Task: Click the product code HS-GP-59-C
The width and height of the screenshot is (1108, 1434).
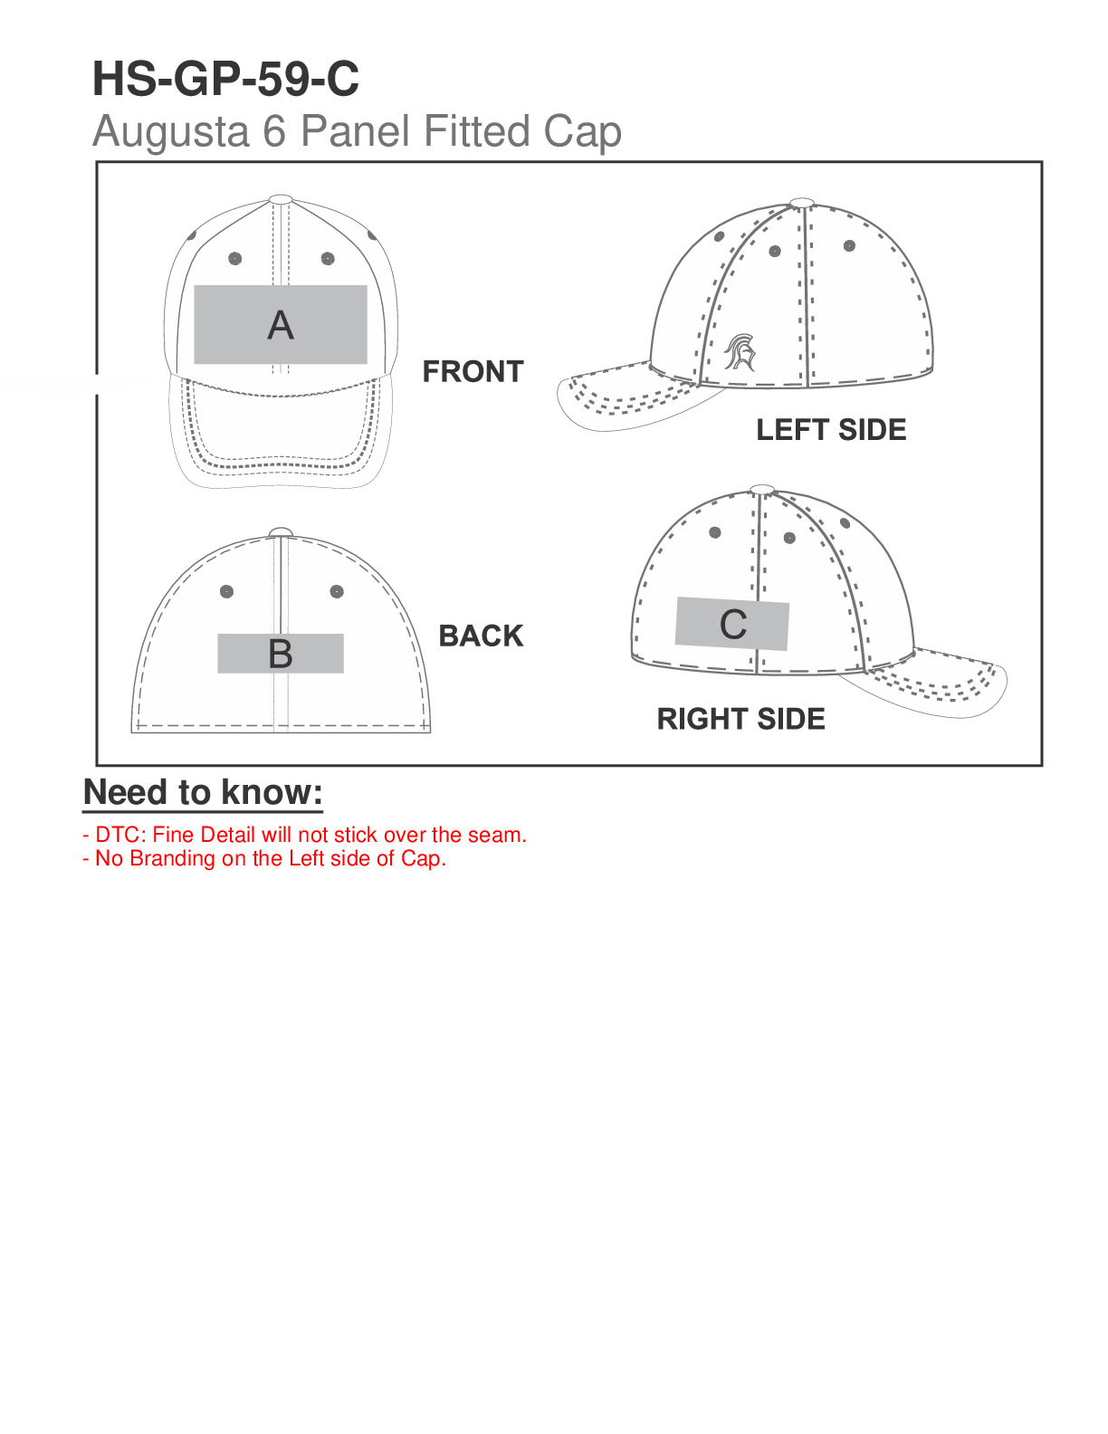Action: (x=225, y=79)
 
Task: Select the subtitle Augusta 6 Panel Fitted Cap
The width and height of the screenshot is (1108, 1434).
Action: (x=357, y=132)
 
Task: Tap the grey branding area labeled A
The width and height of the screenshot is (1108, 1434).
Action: (x=281, y=325)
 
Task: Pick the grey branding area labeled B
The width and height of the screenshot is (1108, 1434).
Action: (x=281, y=654)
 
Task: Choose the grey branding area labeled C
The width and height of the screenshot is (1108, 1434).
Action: (x=732, y=624)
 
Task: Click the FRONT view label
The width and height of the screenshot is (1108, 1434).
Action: (x=473, y=371)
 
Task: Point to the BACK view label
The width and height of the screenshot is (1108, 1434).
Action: (x=481, y=636)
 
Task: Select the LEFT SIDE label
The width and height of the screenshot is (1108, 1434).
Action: (x=832, y=430)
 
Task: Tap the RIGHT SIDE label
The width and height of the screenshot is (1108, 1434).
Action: (x=741, y=719)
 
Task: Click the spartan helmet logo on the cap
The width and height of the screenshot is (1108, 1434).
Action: (x=740, y=352)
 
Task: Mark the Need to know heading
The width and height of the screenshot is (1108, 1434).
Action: (x=203, y=792)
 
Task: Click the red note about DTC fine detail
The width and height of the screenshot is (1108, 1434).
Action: (x=305, y=835)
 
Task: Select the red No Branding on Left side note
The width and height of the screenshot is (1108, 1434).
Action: (x=264, y=858)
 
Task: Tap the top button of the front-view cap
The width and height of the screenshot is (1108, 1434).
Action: (x=282, y=199)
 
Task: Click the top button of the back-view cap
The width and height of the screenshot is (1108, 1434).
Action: (x=281, y=532)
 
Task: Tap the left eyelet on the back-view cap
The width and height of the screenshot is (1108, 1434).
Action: (x=226, y=591)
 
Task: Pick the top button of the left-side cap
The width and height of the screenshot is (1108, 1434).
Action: (x=802, y=203)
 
